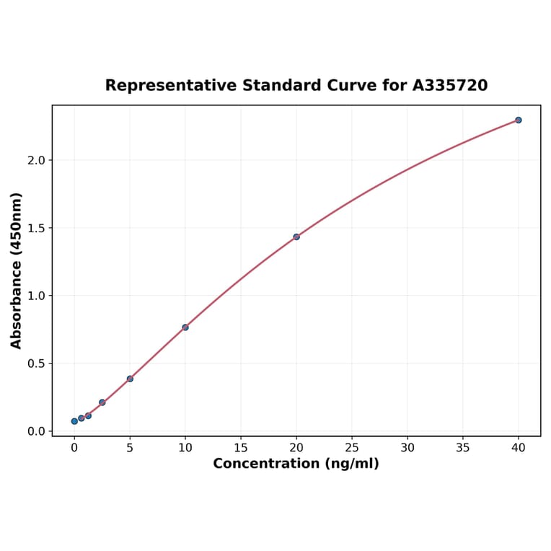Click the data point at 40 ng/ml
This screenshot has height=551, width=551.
[519, 120]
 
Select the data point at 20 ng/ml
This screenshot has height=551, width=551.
[296, 237]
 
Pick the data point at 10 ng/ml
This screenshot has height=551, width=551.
[185, 327]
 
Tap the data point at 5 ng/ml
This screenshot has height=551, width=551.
[130, 379]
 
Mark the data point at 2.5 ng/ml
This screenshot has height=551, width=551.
[102, 402]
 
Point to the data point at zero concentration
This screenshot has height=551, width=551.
[74, 421]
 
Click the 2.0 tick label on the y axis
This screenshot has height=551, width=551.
[35, 160]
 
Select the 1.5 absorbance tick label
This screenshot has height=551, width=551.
[35, 228]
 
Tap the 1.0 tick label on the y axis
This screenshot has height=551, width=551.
[35, 296]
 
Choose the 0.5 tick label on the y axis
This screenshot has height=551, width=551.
[35, 363]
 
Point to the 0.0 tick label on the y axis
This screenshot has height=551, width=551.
[35, 431]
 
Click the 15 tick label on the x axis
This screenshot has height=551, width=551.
[241, 447]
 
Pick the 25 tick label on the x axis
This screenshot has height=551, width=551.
[352, 447]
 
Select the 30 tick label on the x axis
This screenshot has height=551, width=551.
[407, 447]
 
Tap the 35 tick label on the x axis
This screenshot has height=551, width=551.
[463, 447]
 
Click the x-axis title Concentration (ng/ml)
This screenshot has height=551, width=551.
[296, 464]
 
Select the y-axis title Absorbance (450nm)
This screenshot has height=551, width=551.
[17, 270]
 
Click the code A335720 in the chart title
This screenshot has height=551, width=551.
[450, 86]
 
